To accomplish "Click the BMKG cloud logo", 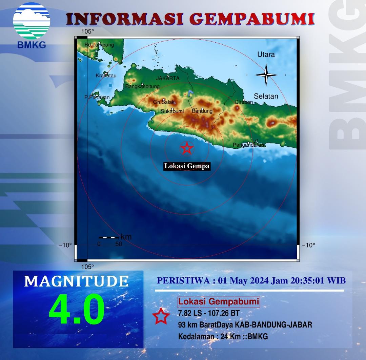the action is [32, 21].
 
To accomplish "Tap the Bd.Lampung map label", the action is [99, 45].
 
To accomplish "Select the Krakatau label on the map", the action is [106, 76].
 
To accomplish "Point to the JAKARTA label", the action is [168, 78].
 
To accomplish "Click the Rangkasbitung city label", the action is [142, 86].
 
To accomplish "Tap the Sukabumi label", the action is [172, 111].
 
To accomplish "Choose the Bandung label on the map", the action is [202, 111].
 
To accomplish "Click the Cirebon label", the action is [244, 102].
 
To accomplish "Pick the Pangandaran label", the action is [248, 145].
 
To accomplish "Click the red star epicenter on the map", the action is [187, 148].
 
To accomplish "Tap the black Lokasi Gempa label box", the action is [187, 166].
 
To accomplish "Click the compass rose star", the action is [266, 75].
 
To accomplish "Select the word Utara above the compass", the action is [266, 55].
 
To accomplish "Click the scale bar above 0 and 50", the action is [109, 237].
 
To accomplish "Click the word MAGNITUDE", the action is [76, 281].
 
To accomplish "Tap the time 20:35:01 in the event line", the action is [307, 280].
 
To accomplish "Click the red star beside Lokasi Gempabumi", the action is [161, 316].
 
